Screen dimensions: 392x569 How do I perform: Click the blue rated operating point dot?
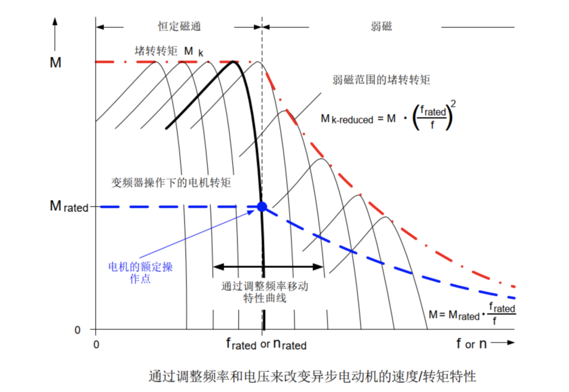(x=262, y=206)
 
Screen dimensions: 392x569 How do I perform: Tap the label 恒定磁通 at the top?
(x=180, y=26)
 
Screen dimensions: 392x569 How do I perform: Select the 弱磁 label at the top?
(x=381, y=26)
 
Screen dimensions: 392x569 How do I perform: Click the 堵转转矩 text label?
(x=155, y=51)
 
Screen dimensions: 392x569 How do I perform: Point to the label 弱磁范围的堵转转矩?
(x=381, y=80)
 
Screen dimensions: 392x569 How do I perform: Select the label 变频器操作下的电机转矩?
(x=171, y=183)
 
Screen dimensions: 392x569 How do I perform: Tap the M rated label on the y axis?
(x=69, y=206)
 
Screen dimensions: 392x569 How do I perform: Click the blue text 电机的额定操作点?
(x=140, y=273)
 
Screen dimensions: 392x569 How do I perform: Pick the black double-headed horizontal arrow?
(x=268, y=267)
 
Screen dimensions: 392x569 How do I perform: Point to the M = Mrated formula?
(x=472, y=314)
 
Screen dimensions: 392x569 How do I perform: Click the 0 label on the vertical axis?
(x=77, y=330)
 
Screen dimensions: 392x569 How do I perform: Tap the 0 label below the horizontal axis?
(x=95, y=345)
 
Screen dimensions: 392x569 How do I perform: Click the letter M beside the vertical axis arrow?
(x=55, y=63)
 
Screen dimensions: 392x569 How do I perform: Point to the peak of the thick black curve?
(x=233, y=62)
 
